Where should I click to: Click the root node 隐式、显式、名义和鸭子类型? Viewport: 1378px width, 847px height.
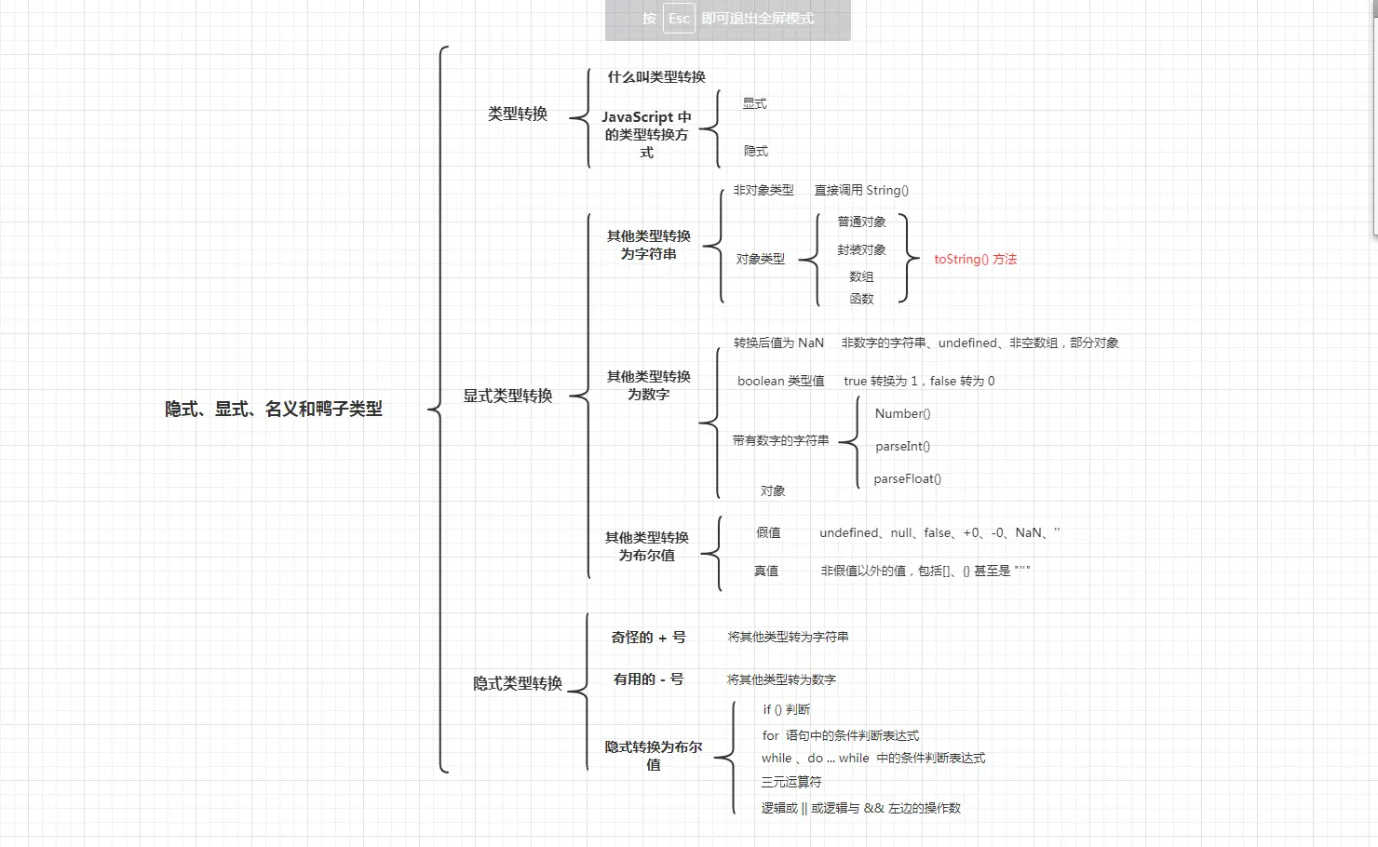click(x=274, y=409)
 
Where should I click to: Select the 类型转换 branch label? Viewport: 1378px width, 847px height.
click(x=518, y=114)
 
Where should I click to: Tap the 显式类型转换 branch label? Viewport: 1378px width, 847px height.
click(x=507, y=396)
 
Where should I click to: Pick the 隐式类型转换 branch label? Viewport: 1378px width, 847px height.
click(x=518, y=683)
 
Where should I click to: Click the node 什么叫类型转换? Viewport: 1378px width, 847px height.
click(x=656, y=77)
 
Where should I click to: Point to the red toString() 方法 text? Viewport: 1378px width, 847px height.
click(x=975, y=260)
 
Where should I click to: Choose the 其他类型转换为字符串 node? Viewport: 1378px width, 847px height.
click(x=649, y=245)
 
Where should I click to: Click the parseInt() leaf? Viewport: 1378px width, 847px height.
click(x=902, y=447)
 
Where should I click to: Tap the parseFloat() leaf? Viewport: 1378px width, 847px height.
click(x=907, y=479)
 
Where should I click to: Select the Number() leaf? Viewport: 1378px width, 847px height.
click(x=902, y=414)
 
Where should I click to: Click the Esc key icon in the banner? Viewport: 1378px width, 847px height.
click(x=679, y=19)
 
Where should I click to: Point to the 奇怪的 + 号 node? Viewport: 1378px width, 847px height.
click(x=648, y=638)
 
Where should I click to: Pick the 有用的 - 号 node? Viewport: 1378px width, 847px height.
click(x=648, y=679)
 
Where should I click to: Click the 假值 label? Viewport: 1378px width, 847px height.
click(x=768, y=533)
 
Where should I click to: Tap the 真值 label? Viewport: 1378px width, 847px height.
click(x=766, y=571)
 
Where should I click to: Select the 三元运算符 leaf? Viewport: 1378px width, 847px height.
click(x=791, y=782)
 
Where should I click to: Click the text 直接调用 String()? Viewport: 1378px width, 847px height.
click(x=861, y=191)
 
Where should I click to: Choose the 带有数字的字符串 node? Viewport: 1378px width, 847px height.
click(x=780, y=441)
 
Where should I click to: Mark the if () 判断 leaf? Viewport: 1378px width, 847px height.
click(x=787, y=709)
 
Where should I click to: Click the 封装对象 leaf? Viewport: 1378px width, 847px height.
click(x=861, y=250)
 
